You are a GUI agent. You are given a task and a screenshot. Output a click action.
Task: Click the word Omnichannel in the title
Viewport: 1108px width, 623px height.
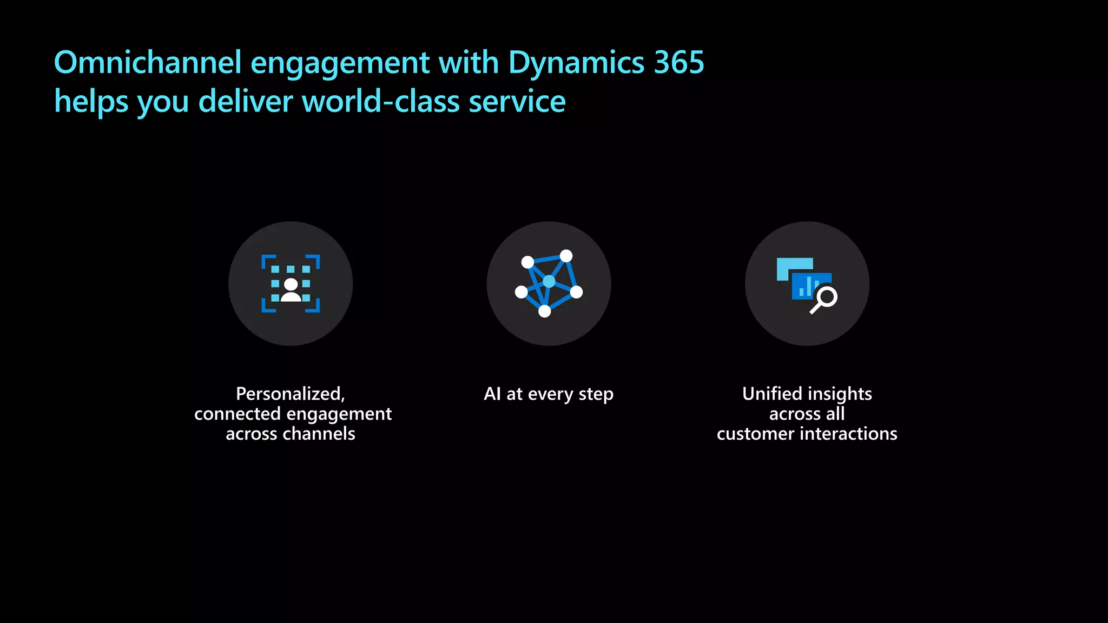point(147,62)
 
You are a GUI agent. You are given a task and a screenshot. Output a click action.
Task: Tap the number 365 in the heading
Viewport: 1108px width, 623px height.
point(679,62)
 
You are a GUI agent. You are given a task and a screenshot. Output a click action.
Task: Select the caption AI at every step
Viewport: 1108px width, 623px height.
point(549,394)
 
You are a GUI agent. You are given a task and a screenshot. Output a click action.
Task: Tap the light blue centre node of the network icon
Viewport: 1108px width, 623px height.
point(549,281)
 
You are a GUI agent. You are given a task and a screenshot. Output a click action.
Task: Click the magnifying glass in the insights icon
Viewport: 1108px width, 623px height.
point(825,300)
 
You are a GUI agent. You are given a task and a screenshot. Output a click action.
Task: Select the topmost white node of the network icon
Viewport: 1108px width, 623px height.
point(566,256)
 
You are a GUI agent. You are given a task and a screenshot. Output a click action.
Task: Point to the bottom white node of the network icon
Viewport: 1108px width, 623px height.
point(545,311)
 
